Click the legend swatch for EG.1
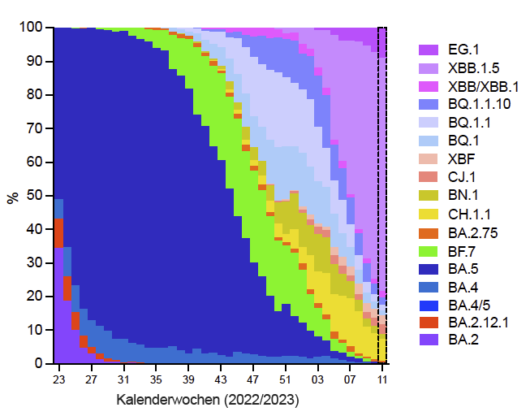click(x=428, y=50)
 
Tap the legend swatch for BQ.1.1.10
click(x=428, y=105)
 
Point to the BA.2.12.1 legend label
click(x=477, y=322)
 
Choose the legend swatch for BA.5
click(x=428, y=268)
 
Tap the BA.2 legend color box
click(x=428, y=340)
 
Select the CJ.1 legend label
click(x=460, y=177)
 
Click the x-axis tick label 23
click(x=58, y=379)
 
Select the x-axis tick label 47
click(x=252, y=379)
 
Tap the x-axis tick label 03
click(x=317, y=379)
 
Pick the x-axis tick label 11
click(x=381, y=379)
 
